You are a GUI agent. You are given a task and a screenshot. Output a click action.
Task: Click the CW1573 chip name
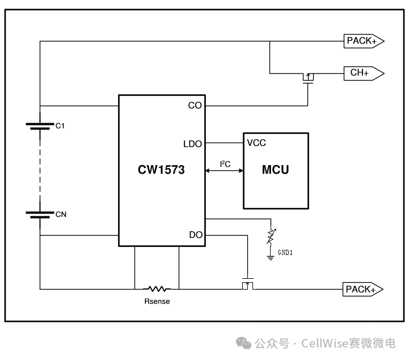[x=161, y=169]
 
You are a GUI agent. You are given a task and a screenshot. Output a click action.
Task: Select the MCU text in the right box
[x=275, y=170]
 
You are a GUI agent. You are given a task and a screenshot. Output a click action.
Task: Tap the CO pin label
[x=195, y=106]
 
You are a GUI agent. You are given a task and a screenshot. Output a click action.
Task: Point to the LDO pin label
[x=192, y=144]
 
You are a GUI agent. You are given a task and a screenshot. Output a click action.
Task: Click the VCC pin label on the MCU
[x=256, y=143]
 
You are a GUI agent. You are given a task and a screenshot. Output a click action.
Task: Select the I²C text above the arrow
[x=225, y=164]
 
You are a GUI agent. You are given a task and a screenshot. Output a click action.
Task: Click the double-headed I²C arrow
[x=224, y=171]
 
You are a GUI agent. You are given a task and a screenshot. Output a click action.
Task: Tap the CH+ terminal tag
[x=362, y=73]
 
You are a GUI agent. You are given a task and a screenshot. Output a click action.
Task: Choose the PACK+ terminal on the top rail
[x=362, y=41]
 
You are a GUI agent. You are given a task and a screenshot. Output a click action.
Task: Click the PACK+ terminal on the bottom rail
[x=362, y=290]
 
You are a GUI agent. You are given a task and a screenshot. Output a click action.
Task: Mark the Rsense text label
[x=157, y=302]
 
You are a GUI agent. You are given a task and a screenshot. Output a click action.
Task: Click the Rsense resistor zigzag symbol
[x=157, y=289]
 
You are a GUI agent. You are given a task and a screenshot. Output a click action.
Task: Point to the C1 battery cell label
[x=60, y=126]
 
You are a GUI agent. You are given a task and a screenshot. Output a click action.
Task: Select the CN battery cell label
[x=60, y=214]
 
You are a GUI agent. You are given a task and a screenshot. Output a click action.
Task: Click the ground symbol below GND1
[x=271, y=258]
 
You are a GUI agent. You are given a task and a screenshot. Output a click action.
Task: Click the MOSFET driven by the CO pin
[x=308, y=78]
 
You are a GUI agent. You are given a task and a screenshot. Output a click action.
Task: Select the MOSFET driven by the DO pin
[x=247, y=283]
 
